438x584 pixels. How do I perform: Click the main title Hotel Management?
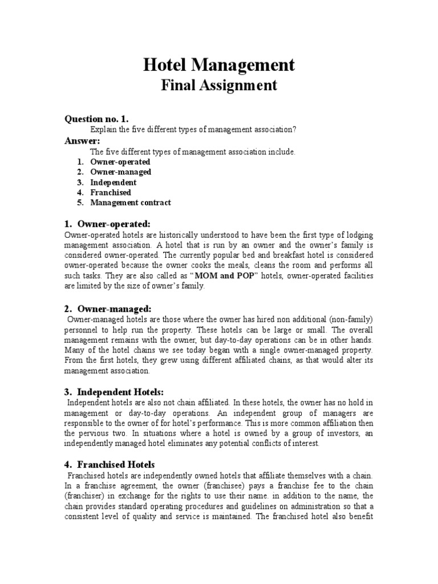click(x=219, y=64)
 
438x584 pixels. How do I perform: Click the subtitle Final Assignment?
click(x=219, y=86)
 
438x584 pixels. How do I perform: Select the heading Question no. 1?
click(x=96, y=119)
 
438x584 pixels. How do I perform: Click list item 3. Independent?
click(x=113, y=182)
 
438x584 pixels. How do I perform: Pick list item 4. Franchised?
click(x=110, y=193)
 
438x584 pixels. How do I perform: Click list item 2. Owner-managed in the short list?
click(x=120, y=172)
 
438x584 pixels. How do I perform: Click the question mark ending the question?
click(x=295, y=130)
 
